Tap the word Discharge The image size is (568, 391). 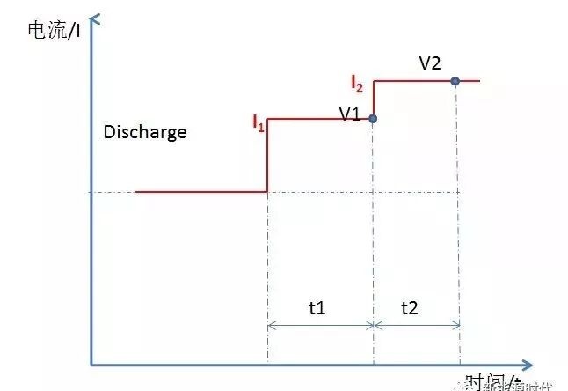point(145,132)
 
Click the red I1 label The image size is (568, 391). point(258,125)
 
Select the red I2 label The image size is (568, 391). point(357,84)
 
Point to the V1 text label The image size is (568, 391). point(350,114)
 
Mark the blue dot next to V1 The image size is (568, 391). point(373,118)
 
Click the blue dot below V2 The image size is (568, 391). point(455,81)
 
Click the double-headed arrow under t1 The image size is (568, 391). point(320,324)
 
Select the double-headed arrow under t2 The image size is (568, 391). point(417,324)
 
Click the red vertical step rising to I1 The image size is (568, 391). point(267,156)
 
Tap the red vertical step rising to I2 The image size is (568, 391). point(374,99)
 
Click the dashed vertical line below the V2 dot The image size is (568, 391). point(457,220)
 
